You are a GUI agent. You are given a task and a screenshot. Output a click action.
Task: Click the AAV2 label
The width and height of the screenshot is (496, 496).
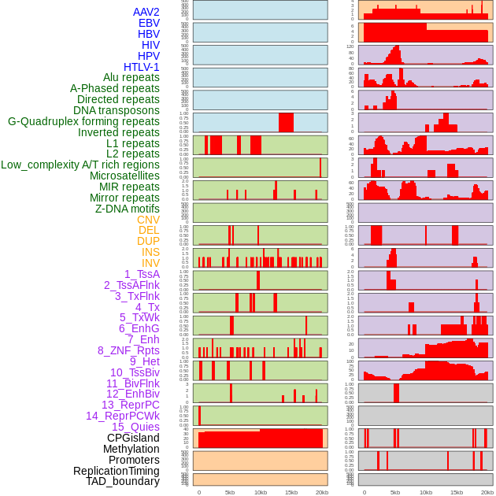[146, 13]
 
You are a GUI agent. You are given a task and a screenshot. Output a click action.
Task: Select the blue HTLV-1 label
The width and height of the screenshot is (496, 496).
[142, 67]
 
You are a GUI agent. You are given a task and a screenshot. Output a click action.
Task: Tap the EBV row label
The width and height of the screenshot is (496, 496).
[149, 24]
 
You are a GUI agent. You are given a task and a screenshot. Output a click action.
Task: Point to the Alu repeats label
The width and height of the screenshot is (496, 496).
[131, 77]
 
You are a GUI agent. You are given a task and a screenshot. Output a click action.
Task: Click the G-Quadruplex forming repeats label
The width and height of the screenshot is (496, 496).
[83, 121]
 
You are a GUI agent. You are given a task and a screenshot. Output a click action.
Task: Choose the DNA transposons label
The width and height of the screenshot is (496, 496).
[117, 110]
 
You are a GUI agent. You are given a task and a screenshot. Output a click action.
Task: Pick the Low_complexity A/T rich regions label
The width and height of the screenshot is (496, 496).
[80, 165]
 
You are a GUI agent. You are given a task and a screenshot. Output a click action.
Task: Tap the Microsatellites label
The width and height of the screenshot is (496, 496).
[124, 176]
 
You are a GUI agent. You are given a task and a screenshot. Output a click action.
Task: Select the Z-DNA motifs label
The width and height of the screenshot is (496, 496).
[128, 209]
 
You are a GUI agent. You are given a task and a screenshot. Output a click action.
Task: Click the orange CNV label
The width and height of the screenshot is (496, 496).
[148, 220]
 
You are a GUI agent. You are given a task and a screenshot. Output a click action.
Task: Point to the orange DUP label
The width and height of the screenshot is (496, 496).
[148, 241]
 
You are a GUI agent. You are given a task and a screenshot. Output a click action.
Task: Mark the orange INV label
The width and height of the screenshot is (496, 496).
[150, 263]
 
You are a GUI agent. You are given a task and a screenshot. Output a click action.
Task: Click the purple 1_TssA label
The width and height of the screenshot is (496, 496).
[142, 274]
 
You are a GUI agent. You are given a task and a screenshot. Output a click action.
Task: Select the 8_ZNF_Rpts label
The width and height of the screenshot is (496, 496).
[128, 350]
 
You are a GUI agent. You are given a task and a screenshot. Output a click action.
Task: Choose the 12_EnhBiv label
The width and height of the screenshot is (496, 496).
[133, 394]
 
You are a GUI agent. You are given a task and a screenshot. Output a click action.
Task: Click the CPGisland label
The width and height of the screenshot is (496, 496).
[133, 438]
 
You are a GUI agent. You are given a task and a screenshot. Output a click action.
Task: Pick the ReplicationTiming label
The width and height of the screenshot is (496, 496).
[117, 471]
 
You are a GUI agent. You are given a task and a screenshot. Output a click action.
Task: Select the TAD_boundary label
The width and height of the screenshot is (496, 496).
[123, 481]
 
